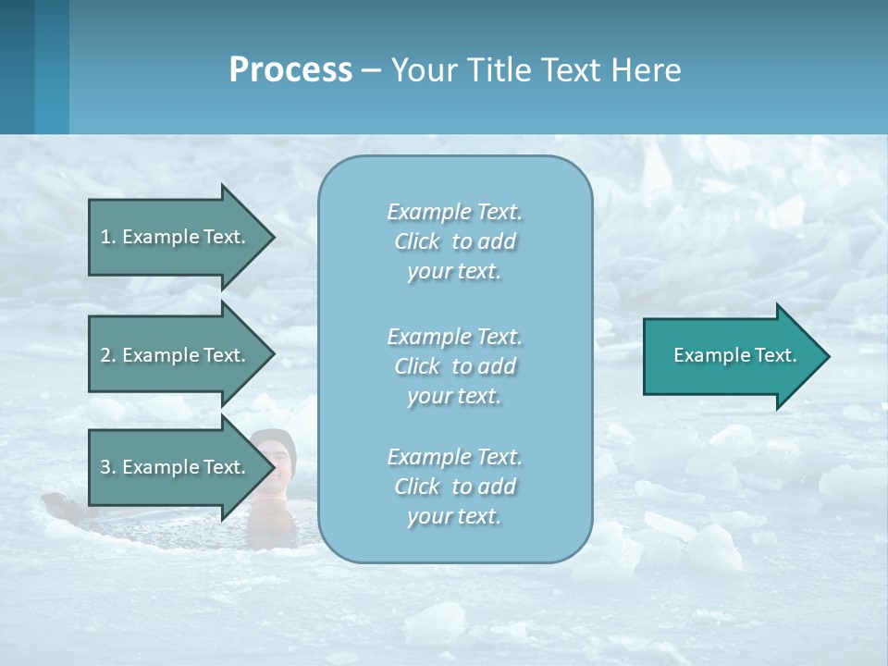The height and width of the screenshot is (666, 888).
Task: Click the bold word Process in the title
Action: click(x=290, y=70)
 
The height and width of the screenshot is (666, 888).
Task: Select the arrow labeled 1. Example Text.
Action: click(x=176, y=237)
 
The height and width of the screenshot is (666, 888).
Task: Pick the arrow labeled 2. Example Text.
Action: click(x=176, y=355)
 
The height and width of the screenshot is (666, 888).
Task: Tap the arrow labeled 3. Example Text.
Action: click(x=176, y=467)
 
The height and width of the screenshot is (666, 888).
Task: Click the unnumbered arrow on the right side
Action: click(x=731, y=356)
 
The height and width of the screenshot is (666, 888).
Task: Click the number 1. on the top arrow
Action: click(x=108, y=237)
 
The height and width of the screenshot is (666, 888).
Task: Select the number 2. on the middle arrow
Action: click(x=108, y=355)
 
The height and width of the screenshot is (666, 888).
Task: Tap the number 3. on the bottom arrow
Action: click(x=108, y=467)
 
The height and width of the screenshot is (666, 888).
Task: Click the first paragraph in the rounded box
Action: click(x=454, y=241)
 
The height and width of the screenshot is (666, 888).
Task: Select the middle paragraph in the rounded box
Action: click(x=454, y=366)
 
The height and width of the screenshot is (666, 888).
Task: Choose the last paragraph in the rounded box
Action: click(x=454, y=487)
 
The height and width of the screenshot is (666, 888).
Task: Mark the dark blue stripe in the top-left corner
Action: click(x=17, y=67)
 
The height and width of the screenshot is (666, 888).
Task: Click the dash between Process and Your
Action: click(x=372, y=70)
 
